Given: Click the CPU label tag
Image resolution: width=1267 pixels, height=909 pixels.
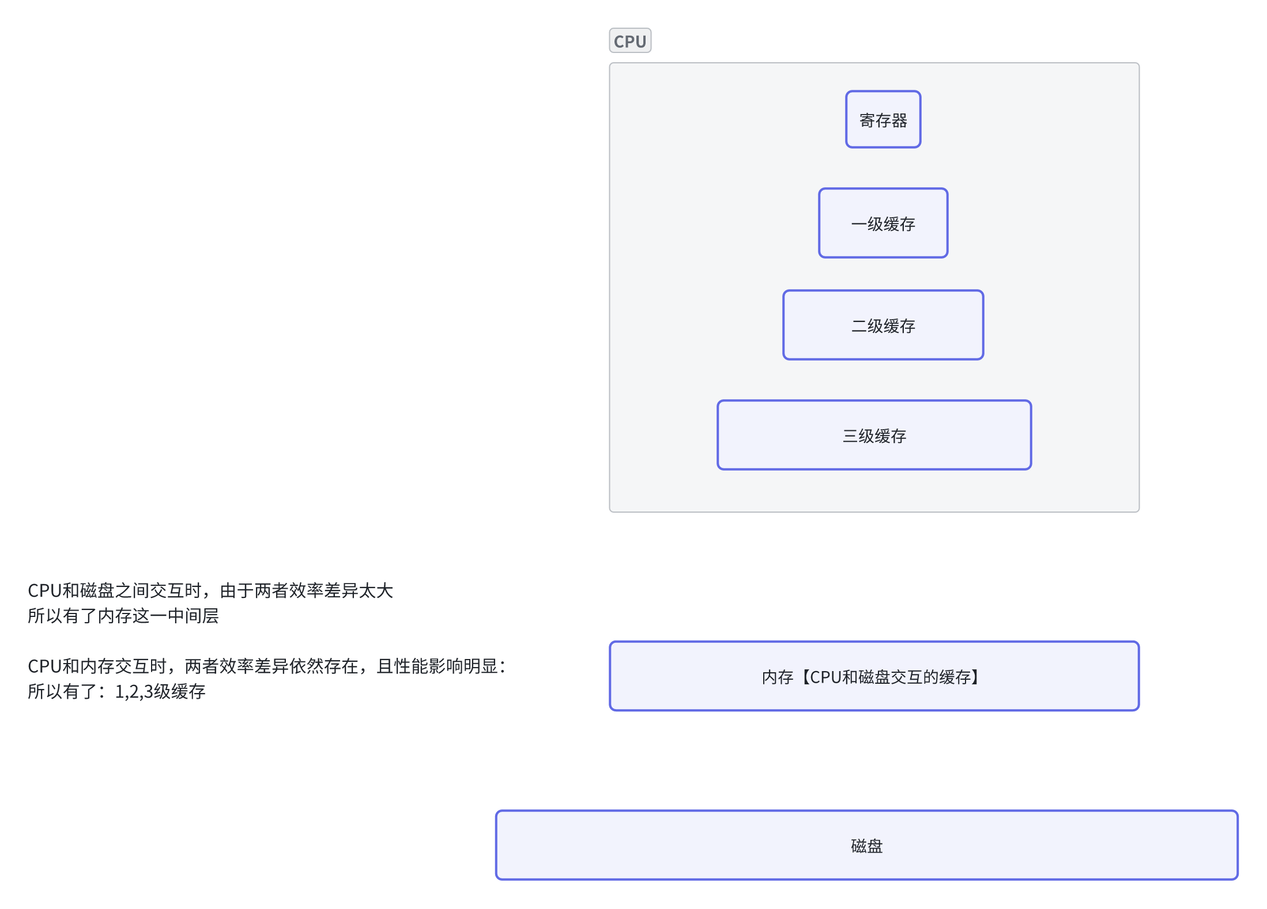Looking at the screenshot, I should click(629, 41).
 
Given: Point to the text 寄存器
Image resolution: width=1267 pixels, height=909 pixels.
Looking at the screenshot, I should click(883, 120).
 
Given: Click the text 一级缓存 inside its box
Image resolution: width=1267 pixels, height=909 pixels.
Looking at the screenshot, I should click(883, 224).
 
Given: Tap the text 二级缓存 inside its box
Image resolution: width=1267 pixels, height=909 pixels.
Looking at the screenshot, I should click(883, 326).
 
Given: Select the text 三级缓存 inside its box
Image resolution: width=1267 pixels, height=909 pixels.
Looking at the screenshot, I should click(874, 436).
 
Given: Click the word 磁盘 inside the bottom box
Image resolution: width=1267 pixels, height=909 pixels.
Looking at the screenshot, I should click(866, 846).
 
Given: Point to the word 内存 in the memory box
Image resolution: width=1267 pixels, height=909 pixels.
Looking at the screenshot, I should click(777, 677).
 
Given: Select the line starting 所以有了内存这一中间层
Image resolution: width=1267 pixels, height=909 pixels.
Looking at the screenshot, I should click(123, 616).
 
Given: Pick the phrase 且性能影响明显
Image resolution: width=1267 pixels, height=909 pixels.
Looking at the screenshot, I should click(437, 666).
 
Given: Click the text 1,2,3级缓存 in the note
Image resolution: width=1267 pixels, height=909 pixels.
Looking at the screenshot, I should click(160, 691).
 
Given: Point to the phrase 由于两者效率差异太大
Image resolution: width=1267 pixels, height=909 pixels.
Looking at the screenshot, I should click(307, 590).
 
